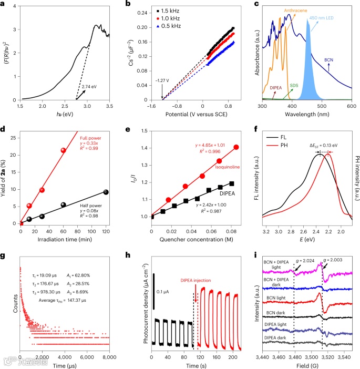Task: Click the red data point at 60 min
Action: coord(64,150)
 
